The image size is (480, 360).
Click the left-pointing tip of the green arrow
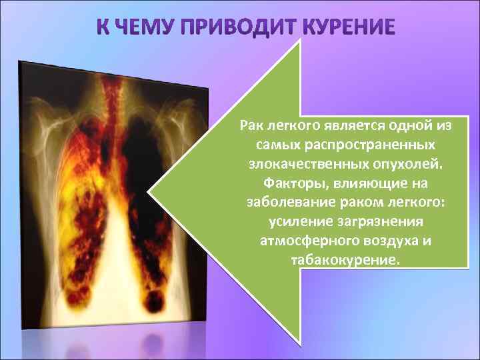pyautogui.click(x=152, y=193)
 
